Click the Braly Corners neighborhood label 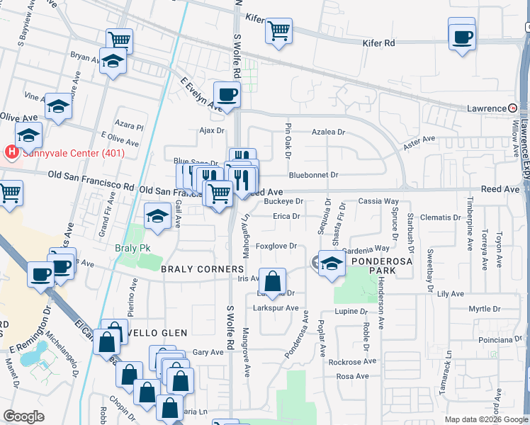(x=202, y=270)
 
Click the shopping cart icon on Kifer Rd (x=279, y=30)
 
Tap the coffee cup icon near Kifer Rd (x=462, y=37)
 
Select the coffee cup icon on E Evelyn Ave (x=227, y=94)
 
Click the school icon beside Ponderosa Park (x=331, y=264)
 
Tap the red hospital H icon (x=11, y=152)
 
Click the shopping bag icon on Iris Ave (x=272, y=282)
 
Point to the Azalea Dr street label (x=329, y=132)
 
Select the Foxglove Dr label (x=276, y=246)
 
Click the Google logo (x=23, y=416)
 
